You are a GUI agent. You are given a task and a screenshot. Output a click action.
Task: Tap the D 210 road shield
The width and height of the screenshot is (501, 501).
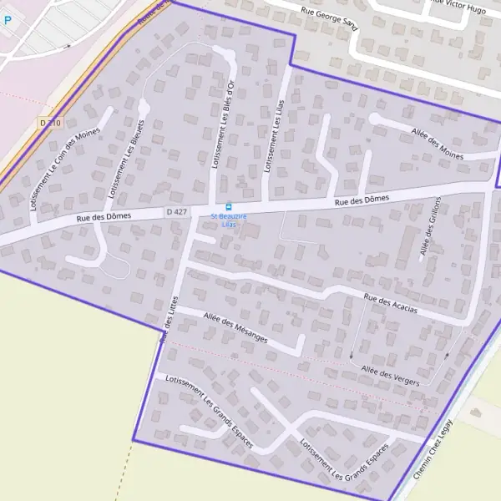coord(51,123)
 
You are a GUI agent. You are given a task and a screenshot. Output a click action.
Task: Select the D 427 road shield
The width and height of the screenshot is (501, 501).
coord(176,212)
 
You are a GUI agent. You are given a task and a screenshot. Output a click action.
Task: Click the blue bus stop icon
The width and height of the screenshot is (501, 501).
coord(228,207)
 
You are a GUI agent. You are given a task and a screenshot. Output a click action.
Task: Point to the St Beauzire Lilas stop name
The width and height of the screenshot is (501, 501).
coord(224,220)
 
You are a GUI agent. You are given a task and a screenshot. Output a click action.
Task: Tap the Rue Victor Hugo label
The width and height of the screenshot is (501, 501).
coord(457,7)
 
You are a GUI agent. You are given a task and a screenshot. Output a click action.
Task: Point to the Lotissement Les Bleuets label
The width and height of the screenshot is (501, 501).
coord(125,159)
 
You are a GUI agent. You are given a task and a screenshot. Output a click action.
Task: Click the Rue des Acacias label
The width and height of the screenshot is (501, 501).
coord(390,304)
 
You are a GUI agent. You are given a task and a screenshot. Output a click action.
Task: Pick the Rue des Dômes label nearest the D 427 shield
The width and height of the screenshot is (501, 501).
coord(104,218)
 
